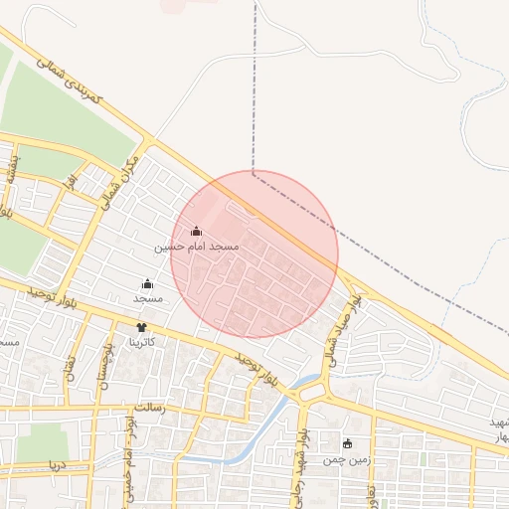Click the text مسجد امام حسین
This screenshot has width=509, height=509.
point(197,245)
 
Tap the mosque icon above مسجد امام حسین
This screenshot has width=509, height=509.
point(196,232)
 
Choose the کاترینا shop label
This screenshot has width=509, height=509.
point(147,341)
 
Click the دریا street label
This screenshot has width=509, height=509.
point(58,463)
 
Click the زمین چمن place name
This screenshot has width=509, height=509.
point(346,460)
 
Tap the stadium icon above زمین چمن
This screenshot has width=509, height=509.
point(347,444)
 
